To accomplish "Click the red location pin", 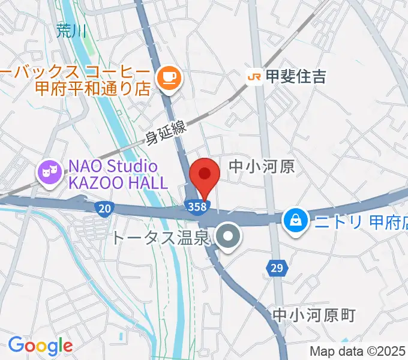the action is tap(205, 175).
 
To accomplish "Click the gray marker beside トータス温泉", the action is tap(228, 238).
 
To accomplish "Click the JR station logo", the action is tap(254, 76).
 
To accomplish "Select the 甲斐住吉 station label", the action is tap(296, 76).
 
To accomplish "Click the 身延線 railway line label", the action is tap(167, 133).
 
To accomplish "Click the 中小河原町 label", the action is tap(314, 314).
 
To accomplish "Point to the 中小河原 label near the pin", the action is tap(263, 166).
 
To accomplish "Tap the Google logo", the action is tap(40, 346).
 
